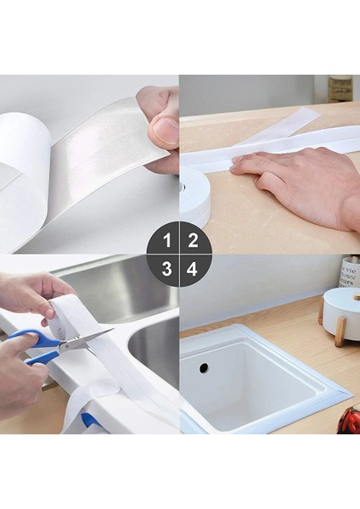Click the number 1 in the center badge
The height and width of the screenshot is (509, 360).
166,240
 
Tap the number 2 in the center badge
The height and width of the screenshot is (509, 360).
193,240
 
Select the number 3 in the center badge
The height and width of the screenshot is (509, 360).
166,269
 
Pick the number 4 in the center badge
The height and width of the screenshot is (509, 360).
193,269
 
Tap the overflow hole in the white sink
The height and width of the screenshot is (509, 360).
204,367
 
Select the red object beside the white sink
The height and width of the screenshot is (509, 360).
349,421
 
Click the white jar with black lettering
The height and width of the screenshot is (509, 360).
349,272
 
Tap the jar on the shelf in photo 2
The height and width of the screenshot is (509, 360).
340,88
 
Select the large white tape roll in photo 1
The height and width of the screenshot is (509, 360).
21,178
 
